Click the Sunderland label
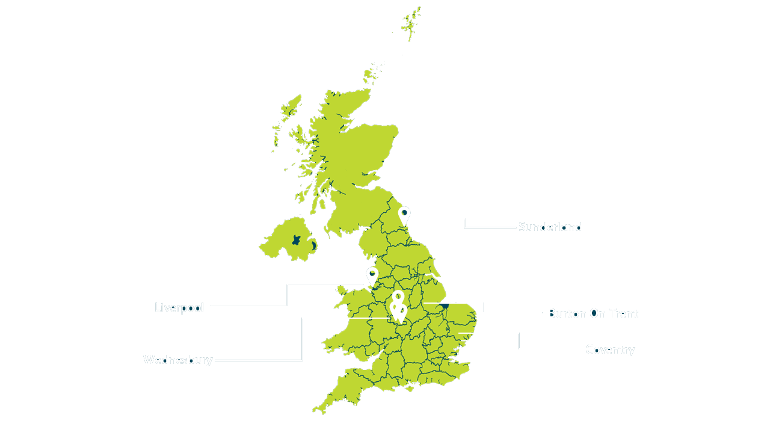pyautogui.click(x=550, y=227)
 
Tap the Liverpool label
pyautogui.click(x=179, y=308)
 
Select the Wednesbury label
pyautogui.click(x=177, y=360)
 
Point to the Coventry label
pyautogui.click(x=609, y=349)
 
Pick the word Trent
pyautogui.click(x=623, y=313)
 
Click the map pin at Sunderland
pyautogui.click(x=404, y=215)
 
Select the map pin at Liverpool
pyautogui.click(x=372, y=276)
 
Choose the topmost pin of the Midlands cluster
pyautogui.click(x=398, y=297)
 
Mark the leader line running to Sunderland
pyautogui.click(x=464, y=224)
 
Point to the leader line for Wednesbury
pyautogui.click(x=302, y=340)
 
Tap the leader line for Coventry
pyautogui.click(x=519, y=340)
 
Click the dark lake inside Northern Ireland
pyautogui.click(x=295, y=239)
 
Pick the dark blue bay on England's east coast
pyautogui.click(x=445, y=307)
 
